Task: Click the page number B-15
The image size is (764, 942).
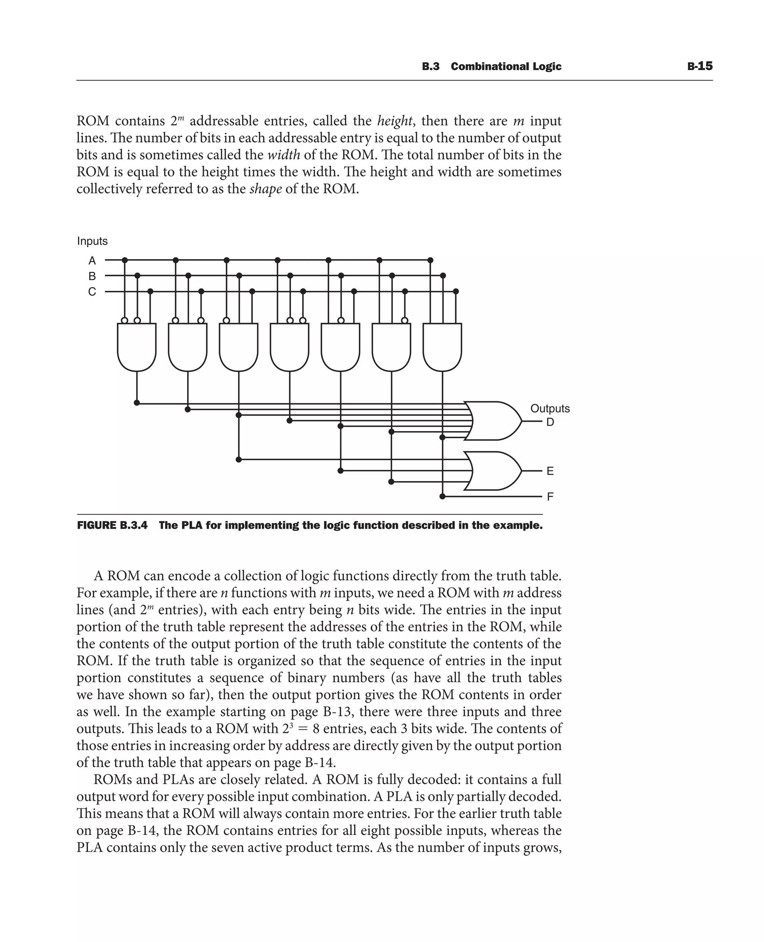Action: coord(700,66)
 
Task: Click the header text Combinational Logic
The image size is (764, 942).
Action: coord(506,66)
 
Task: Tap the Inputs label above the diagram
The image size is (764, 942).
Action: coord(92,241)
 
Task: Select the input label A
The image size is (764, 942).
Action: coord(92,260)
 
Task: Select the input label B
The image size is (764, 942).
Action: coord(92,276)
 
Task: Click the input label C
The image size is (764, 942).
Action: coord(92,292)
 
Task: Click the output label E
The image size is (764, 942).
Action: coord(550,471)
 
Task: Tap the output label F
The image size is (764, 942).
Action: coord(550,497)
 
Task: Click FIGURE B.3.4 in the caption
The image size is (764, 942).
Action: coord(112,525)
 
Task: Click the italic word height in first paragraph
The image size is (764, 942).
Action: coord(395,121)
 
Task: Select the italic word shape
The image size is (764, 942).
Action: coord(265,189)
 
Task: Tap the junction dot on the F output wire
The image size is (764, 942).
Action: coord(443,496)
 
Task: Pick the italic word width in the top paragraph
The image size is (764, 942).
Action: coord(284,155)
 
